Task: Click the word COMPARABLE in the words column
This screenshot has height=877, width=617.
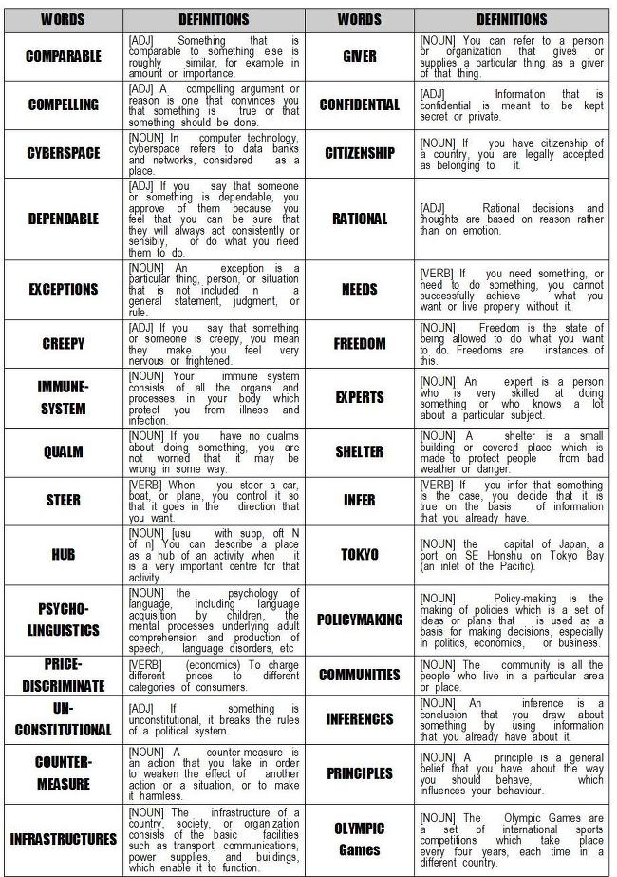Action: coord(64,57)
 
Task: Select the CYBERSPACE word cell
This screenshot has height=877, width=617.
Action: coord(64,153)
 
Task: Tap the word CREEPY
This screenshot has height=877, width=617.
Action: coord(64,344)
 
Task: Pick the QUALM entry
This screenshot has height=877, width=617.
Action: coord(64,452)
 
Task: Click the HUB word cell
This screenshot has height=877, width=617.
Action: coord(64,555)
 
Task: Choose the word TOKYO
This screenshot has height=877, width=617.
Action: coord(360,554)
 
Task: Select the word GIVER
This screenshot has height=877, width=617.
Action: coord(360,57)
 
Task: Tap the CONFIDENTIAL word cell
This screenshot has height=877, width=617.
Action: coord(360,105)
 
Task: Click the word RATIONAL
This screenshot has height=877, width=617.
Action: coord(360,219)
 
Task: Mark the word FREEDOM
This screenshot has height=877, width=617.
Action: coord(360,344)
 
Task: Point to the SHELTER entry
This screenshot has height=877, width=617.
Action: coord(360,452)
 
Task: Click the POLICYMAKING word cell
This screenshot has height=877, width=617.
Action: coord(360,620)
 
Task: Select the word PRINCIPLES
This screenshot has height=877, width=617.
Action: coord(360,773)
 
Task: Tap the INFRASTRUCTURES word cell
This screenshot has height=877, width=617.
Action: coord(64,840)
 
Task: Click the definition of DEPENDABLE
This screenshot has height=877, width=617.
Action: coord(214,219)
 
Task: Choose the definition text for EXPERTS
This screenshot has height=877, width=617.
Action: coord(512,397)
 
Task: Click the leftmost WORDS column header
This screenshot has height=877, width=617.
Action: coord(64,19)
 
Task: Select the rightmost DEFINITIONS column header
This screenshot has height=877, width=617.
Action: coord(512,19)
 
